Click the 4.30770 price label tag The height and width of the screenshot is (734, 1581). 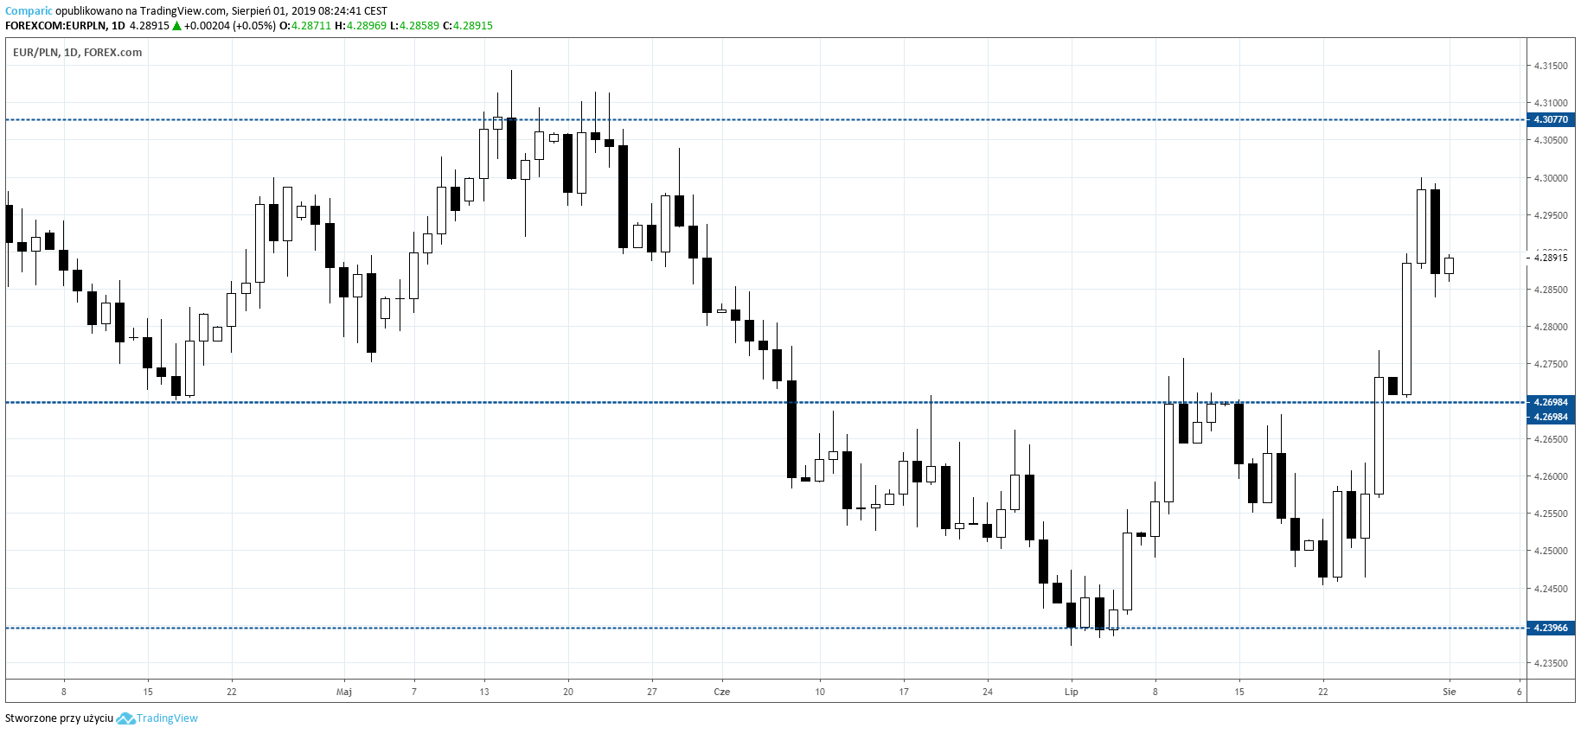tap(1550, 119)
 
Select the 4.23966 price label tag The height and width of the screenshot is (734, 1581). tap(1550, 628)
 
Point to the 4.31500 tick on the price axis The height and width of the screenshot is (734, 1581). tap(1550, 66)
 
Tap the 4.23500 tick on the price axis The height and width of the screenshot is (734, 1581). tap(1550, 663)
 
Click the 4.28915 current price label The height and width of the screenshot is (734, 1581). tap(1550, 258)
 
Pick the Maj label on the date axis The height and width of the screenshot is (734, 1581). tap(344, 692)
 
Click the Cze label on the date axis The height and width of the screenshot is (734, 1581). tap(722, 692)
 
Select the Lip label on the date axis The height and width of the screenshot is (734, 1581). tap(1072, 692)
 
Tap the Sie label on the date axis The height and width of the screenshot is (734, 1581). tap(1450, 692)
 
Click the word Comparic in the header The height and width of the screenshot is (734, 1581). tap(29, 11)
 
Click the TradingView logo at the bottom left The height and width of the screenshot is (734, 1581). tap(157, 718)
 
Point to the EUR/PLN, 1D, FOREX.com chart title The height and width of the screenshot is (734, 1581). tap(78, 53)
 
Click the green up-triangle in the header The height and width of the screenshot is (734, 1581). tap(176, 26)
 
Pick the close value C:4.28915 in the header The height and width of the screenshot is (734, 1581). tap(468, 26)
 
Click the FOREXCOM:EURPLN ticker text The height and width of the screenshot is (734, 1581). tap(56, 26)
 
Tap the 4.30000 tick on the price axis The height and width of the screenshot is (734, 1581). tap(1550, 178)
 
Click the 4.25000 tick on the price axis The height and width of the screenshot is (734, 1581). tap(1550, 551)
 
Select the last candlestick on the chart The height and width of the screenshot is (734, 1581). tap(1449, 265)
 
